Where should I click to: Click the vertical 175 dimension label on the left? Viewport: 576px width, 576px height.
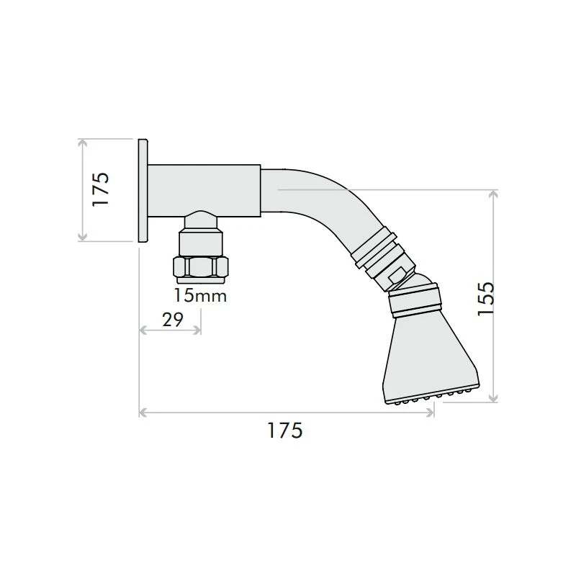[x=101, y=189]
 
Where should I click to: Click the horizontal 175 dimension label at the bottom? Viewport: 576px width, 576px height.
[x=284, y=431]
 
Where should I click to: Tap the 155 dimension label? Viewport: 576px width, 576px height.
[x=485, y=299]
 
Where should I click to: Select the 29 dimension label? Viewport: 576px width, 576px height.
[x=173, y=320]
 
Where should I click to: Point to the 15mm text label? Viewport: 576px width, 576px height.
[x=200, y=296]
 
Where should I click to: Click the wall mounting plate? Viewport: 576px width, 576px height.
[x=143, y=190]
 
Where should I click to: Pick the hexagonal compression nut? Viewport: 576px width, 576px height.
[x=201, y=267]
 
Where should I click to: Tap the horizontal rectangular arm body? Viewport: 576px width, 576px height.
[x=204, y=190]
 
